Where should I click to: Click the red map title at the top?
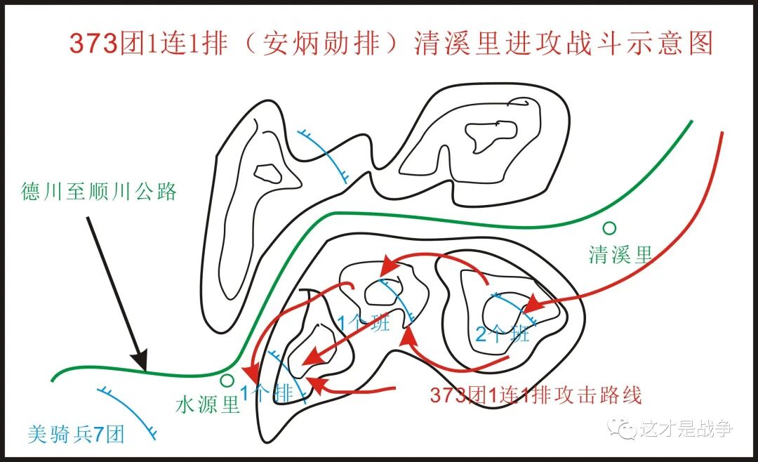[391, 44]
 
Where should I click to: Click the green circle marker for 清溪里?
[609, 227]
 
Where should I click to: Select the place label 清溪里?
[620, 254]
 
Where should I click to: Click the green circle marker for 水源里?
[226, 381]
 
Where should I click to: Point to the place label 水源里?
[207, 405]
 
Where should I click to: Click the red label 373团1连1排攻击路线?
[536, 395]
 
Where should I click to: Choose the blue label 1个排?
[266, 393]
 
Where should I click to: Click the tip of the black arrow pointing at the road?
[145, 369]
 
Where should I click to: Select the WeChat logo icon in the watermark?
[623, 428]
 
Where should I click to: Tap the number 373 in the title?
[92, 44]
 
